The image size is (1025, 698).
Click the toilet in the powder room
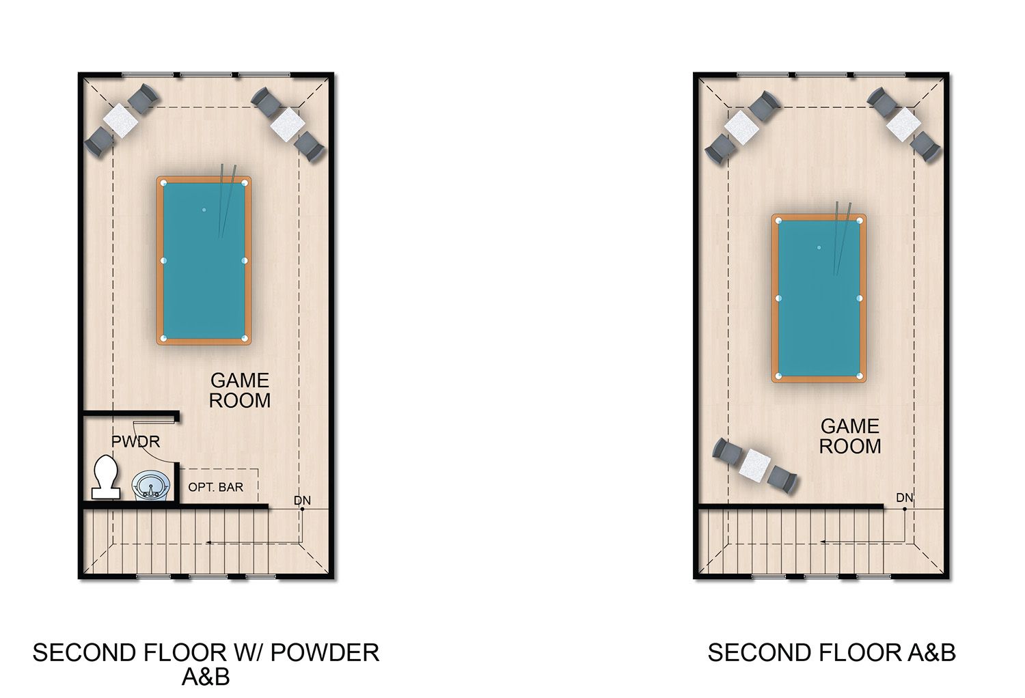coord(106,477)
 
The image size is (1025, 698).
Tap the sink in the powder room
coord(151,486)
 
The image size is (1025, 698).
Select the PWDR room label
coord(135,441)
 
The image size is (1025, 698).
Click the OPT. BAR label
coord(215,487)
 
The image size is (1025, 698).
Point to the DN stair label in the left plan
coord(302,501)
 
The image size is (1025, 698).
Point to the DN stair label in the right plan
coord(904,498)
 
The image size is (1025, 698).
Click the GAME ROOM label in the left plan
coord(240,390)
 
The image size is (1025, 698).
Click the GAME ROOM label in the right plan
coord(850,436)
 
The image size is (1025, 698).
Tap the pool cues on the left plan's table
coord(227,201)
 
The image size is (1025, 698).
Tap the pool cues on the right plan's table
coord(842,238)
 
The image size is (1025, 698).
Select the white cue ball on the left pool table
coord(204,210)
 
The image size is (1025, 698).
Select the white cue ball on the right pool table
coord(819,247)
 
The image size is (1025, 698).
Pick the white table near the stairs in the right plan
coord(754,466)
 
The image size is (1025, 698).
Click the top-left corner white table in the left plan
coord(120,120)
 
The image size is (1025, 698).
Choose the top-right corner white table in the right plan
coord(904,124)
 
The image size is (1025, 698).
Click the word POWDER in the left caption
coord(325,653)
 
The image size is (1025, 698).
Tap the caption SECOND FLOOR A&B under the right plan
coord(832,653)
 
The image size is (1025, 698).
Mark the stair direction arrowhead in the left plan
coord(208,542)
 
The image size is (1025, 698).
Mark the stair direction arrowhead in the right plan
coord(823,542)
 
